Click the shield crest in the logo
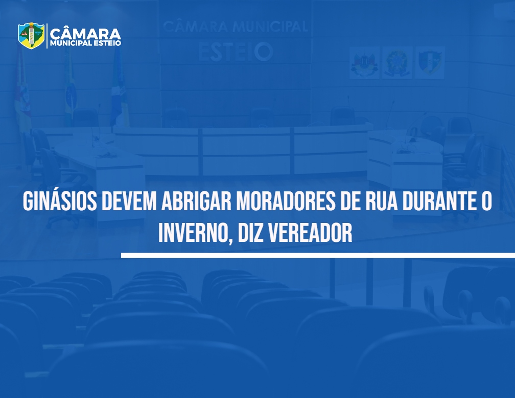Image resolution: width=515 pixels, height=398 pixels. tap(31, 35)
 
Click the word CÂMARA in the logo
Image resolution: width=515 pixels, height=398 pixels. tap(85, 34)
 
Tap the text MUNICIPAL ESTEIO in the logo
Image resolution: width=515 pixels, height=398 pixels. tap(85, 43)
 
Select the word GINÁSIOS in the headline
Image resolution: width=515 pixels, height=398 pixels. tap(60, 201)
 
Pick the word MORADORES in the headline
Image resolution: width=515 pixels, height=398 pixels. tap(286, 201)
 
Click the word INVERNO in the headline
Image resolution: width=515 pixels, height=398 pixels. tap(193, 233)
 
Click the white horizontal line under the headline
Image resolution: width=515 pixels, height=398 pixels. tap(318, 255)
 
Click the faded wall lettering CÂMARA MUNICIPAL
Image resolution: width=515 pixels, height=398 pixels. tap(235, 26)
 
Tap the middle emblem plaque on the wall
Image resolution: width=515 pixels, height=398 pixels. tap(397, 62)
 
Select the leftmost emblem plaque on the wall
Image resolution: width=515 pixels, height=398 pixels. tap(364, 62)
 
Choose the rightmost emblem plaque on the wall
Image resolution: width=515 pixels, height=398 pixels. tap(430, 62)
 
